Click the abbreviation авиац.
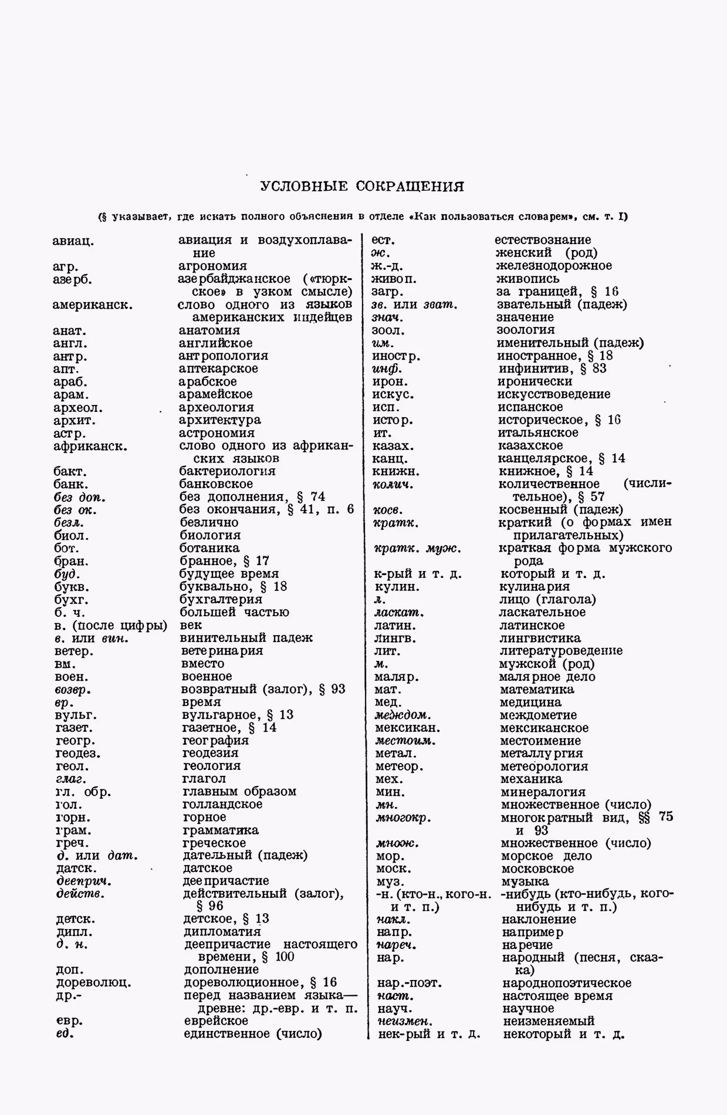73,241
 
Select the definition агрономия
212,266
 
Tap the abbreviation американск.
92,305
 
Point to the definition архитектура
219,420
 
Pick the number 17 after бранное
262,561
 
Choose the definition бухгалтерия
221,599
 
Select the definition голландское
222,805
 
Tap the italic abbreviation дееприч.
84,881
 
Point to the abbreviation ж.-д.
387,266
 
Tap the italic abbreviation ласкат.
399,613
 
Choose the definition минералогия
543,792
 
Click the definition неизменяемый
549,1021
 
